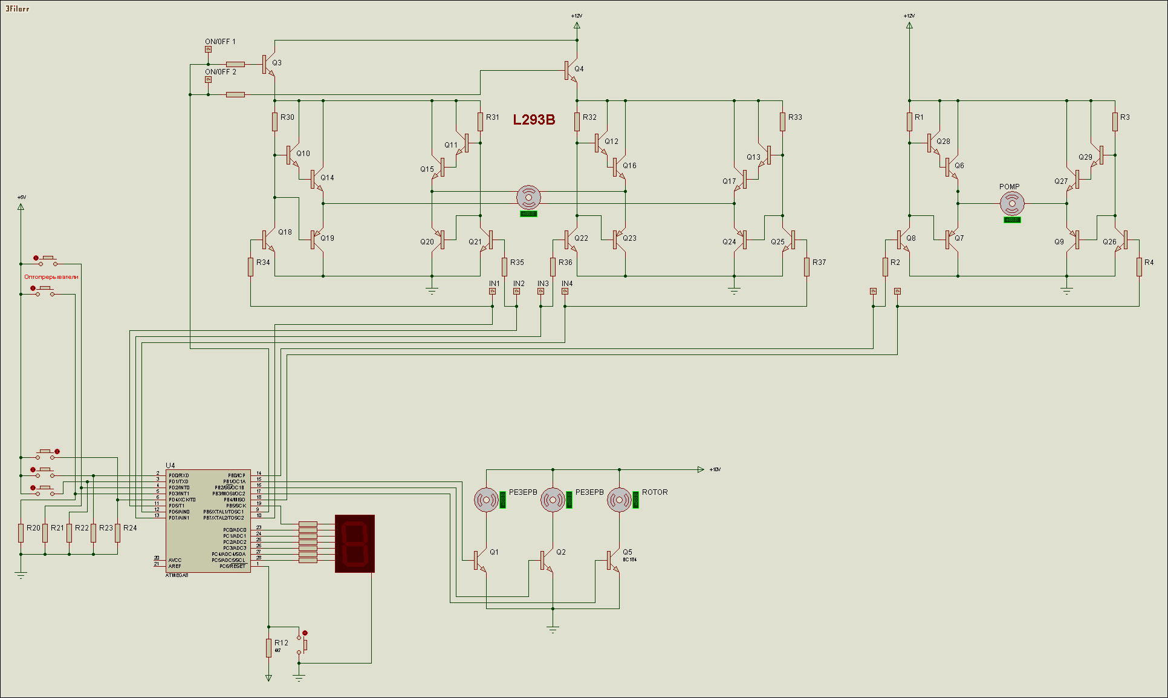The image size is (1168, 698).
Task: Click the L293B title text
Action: coord(534,120)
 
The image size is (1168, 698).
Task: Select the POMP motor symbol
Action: coord(1012,204)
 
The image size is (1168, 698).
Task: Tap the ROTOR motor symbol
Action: coord(619,500)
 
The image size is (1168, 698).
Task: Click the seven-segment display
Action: coord(355,544)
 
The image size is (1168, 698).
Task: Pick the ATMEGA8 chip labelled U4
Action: coord(208,521)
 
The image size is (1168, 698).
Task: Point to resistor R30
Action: coord(274,122)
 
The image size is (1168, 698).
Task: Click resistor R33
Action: coord(782,122)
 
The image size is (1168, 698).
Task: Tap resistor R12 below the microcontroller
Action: coord(268,648)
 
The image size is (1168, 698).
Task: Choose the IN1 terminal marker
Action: coord(492,292)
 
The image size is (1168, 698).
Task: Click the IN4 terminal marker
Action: coord(565,292)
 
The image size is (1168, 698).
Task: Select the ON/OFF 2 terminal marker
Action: coord(208,79)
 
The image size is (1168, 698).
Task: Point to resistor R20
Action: coord(21,533)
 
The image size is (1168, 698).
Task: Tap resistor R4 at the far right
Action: coord(1139,267)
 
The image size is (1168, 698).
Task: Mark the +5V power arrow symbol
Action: coord(21,206)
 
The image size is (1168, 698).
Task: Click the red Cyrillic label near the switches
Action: coord(51,277)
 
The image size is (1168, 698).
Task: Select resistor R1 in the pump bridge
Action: coord(909,122)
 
